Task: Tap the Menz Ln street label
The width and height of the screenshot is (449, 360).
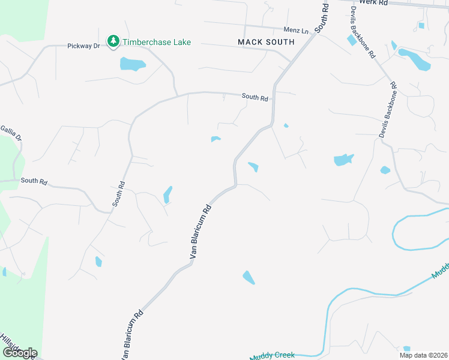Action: tap(296, 29)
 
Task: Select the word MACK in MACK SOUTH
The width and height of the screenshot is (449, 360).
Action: tap(250, 42)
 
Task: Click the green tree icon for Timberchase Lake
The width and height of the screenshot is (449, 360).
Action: tap(113, 41)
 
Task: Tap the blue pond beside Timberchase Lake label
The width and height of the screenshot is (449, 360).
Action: tap(132, 64)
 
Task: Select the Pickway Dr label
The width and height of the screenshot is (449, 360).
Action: tap(83, 46)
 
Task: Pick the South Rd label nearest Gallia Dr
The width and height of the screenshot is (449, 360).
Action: tap(34, 181)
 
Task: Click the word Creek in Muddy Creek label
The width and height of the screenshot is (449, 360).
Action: tap(283, 355)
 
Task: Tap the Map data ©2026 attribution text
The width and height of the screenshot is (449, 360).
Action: tap(423, 355)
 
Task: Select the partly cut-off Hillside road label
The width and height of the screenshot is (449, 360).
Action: tap(12, 343)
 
